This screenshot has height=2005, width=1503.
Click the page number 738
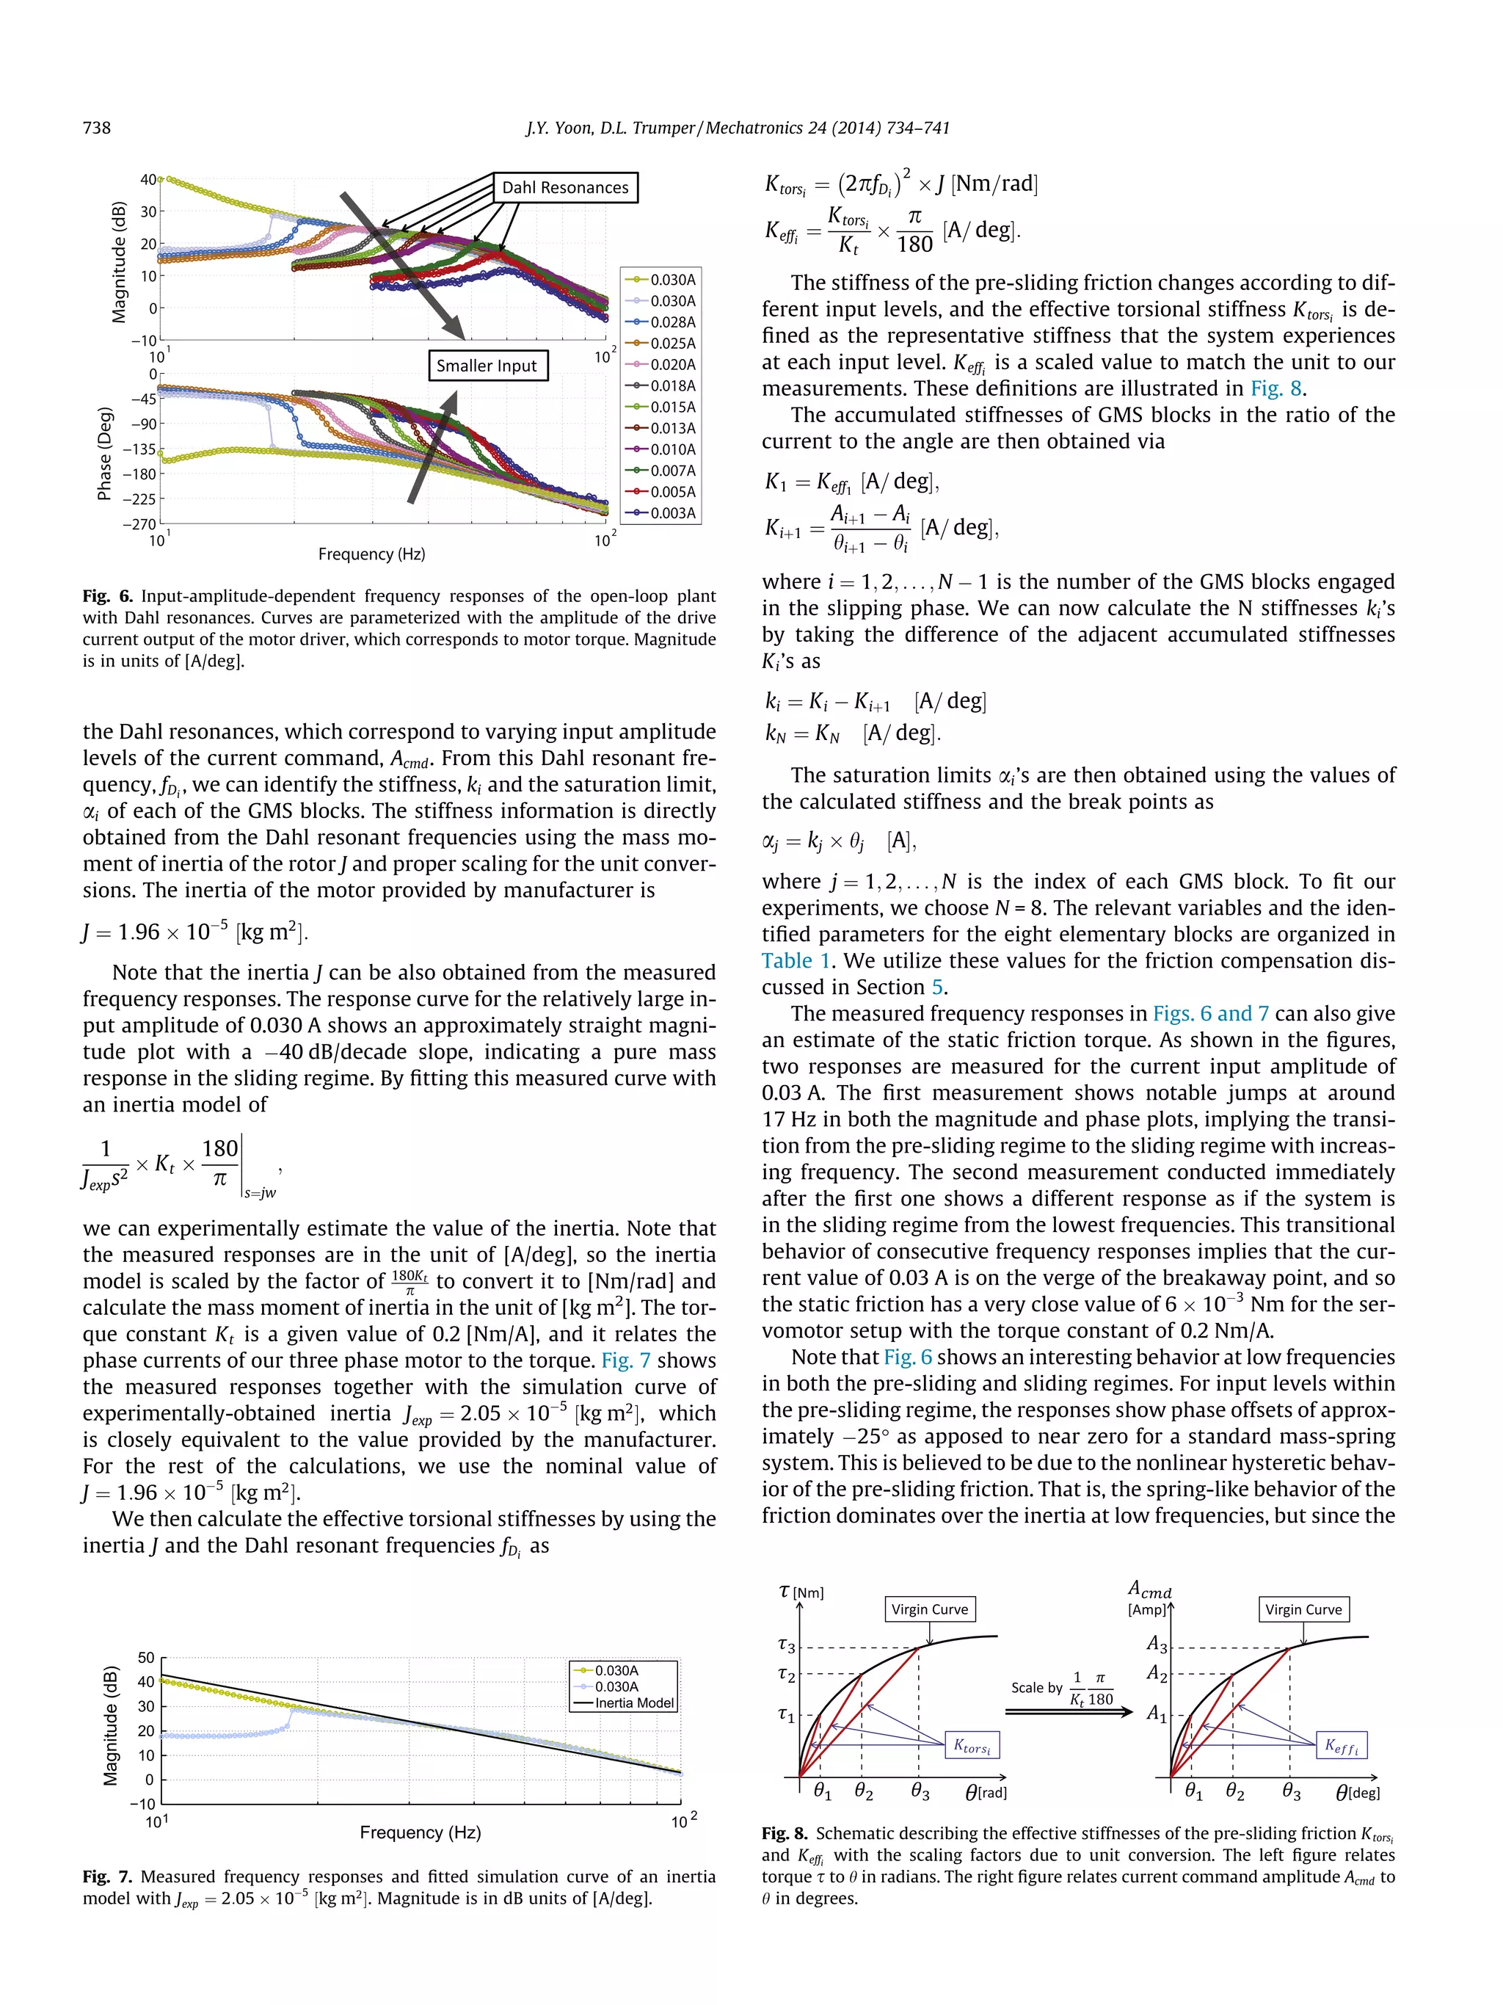[97, 128]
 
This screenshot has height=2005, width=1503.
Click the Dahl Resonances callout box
[564, 188]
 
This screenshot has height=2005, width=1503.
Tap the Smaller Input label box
[487, 366]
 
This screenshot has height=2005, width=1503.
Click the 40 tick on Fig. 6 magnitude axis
[148, 179]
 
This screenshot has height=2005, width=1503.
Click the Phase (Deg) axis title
[105, 453]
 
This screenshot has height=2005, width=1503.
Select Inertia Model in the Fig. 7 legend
[633, 1703]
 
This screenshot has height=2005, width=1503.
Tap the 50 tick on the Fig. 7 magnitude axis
[146, 1658]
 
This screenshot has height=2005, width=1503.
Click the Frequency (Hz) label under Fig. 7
[420, 1832]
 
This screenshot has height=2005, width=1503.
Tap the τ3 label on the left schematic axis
[787, 1645]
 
